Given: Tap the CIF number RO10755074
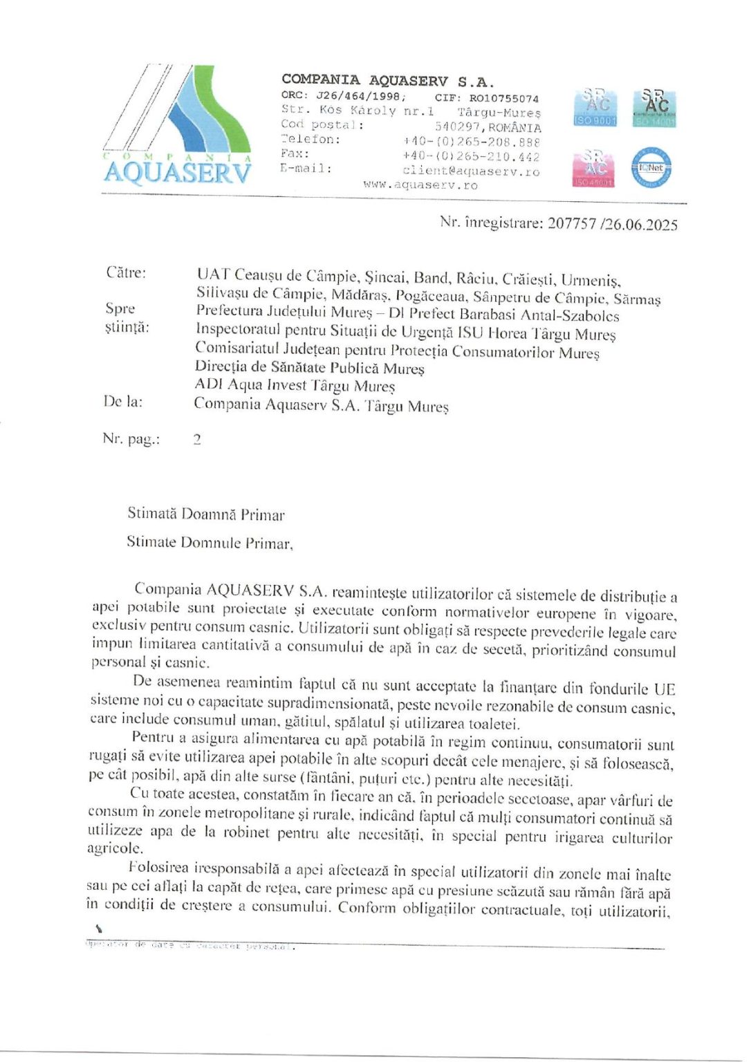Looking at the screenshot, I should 503,99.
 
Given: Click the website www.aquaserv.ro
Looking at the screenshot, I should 420,185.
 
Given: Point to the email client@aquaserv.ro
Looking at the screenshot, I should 470,171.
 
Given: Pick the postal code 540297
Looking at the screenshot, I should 460,127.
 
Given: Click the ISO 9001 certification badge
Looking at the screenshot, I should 595,108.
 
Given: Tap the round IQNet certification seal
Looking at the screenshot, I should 651,167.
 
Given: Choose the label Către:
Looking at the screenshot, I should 126,273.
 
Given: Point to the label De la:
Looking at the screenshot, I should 123,402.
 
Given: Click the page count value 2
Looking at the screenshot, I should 197,439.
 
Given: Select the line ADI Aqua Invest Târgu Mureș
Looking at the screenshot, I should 295,386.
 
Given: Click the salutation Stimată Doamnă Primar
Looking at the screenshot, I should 205,514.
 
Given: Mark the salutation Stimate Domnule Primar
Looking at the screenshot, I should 210,543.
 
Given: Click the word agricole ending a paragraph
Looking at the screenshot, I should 115,848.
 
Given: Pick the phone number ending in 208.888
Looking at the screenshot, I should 471,142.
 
